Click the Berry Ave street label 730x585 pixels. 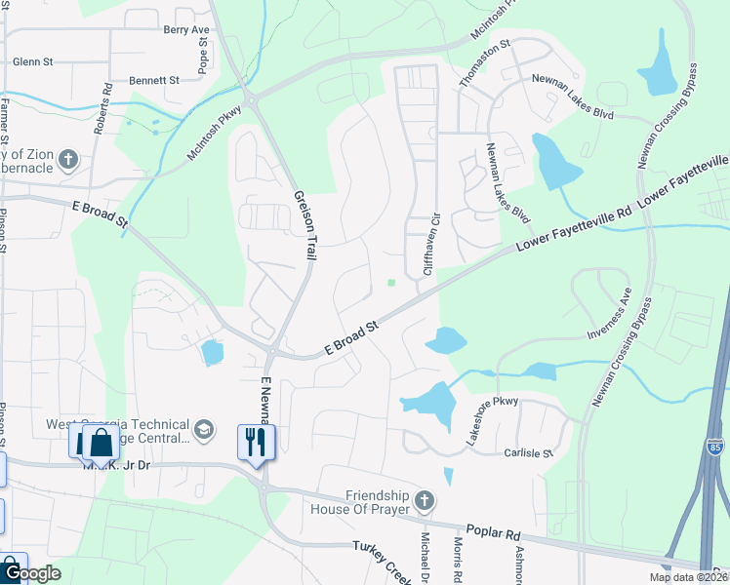(186, 30)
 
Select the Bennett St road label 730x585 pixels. (154, 80)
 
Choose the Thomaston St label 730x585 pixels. (486, 64)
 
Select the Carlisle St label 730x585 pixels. (528, 453)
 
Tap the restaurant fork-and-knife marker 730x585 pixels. (258, 441)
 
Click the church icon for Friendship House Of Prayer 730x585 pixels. (424, 501)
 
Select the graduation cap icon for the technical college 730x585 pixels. (204, 429)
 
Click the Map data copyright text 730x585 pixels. (686, 577)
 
